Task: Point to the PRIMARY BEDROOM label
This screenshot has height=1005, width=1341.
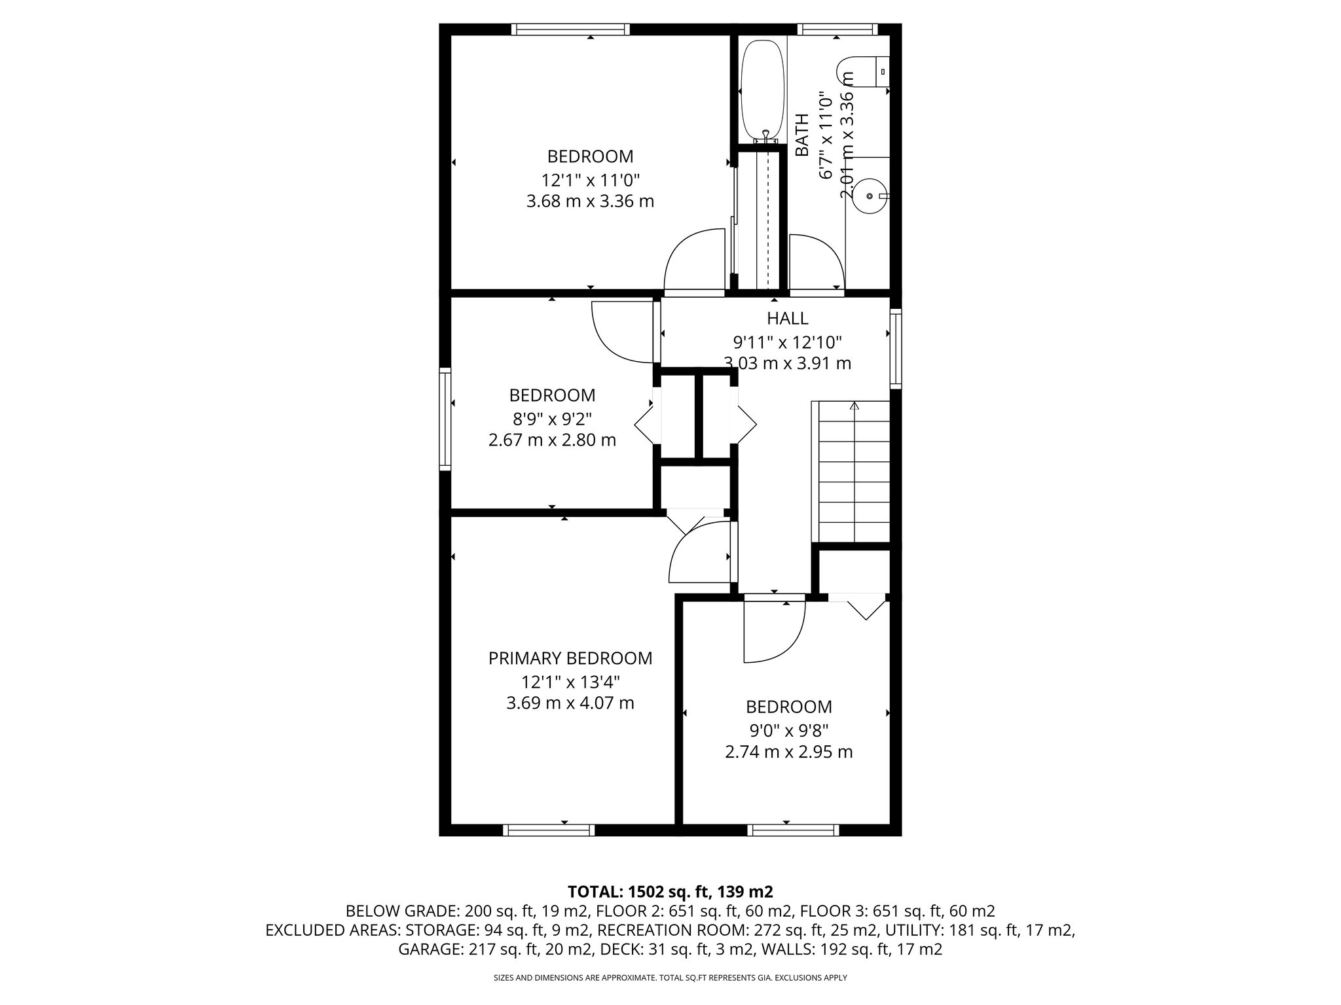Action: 570,658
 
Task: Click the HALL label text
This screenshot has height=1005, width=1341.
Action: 787,319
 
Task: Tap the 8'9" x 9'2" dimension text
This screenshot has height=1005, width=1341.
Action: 552,418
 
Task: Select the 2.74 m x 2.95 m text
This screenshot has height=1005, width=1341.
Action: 788,752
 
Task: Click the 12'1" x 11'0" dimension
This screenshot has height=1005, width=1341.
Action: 590,179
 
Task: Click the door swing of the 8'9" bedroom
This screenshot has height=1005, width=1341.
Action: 622,331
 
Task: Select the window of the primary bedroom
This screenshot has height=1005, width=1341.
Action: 549,830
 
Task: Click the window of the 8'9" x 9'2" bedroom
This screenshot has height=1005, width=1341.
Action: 445,419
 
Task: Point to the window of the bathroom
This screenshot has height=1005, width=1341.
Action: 837,29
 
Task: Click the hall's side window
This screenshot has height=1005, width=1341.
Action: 895,348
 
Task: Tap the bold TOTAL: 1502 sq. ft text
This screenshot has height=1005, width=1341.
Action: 670,891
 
